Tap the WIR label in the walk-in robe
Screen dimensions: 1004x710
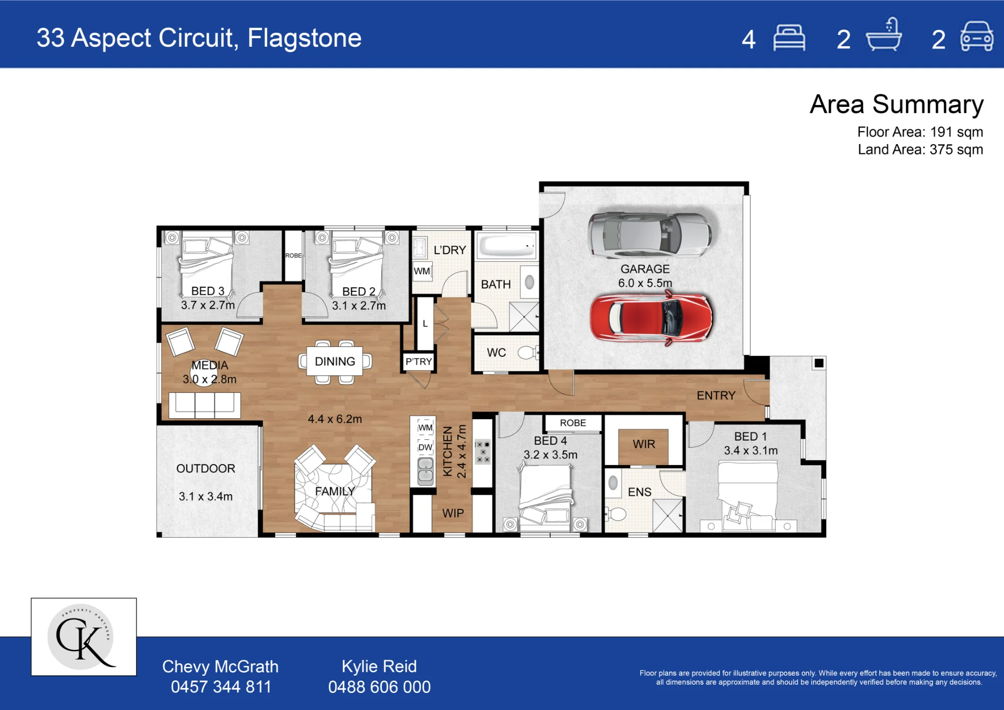click(644, 444)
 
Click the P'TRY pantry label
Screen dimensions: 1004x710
click(419, 362)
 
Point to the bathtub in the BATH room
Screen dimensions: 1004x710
click(506, 246)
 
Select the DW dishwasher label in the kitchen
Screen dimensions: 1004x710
click(425, 447)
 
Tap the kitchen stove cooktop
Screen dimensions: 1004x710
click(483, 451)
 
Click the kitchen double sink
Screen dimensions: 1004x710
click(426, 471)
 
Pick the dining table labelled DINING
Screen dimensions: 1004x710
click(335, 361)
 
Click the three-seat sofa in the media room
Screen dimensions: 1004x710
click(205, 405)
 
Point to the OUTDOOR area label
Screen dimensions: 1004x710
click(206, 468)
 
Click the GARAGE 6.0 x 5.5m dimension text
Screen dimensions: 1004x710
click(645, 283)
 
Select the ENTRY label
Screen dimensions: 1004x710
click(716, 396)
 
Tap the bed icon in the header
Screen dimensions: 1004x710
click(789, 38)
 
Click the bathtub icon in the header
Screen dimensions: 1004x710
click(884, 35)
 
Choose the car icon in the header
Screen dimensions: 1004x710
click(976, 36)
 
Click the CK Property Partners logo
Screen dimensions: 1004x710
click(84, 637)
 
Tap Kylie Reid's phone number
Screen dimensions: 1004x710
click(380, 687)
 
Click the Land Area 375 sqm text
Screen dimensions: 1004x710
click(920, 150)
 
